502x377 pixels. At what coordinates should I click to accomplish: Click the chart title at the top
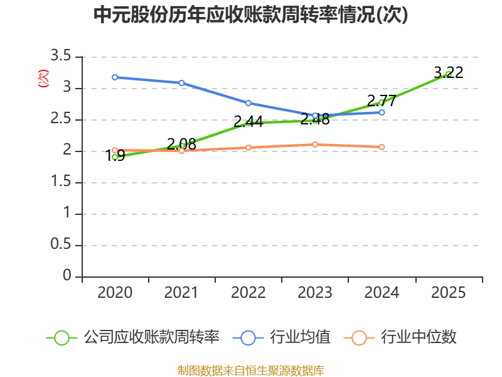tap(250, 14)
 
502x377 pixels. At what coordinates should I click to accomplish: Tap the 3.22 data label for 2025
tap(448, 73)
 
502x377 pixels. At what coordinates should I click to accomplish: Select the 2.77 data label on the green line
tap(382, 101)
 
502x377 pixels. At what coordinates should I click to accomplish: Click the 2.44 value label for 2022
tap(248, 122)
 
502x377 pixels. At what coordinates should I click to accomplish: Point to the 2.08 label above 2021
tap(181, 145)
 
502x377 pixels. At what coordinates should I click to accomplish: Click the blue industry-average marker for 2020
tap(115, 77)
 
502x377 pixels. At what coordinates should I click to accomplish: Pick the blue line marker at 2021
tap(181, 83)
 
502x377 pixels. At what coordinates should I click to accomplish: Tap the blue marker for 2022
tap(248, 103)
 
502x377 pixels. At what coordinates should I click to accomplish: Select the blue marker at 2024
tap(382, 112)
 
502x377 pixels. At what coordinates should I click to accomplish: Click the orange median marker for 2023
tap(315, 145)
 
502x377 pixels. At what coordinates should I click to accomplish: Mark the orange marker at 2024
tap(382, 147)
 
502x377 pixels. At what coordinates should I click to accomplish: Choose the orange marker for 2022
tap(248, 148)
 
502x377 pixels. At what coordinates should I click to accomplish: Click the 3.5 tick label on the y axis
tap(61, 56)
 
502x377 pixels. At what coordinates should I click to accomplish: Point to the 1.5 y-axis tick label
tap(61, 182)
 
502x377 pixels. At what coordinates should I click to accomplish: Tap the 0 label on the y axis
tap(67, 275)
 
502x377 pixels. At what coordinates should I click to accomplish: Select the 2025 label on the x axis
tap(448, 293)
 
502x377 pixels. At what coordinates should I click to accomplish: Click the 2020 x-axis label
tap(115, 293)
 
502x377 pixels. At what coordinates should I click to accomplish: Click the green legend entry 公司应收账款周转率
tap(133, 337)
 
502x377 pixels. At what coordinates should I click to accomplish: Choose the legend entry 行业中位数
tap(400, 337)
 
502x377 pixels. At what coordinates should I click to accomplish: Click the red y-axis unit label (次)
tap(43, 79)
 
